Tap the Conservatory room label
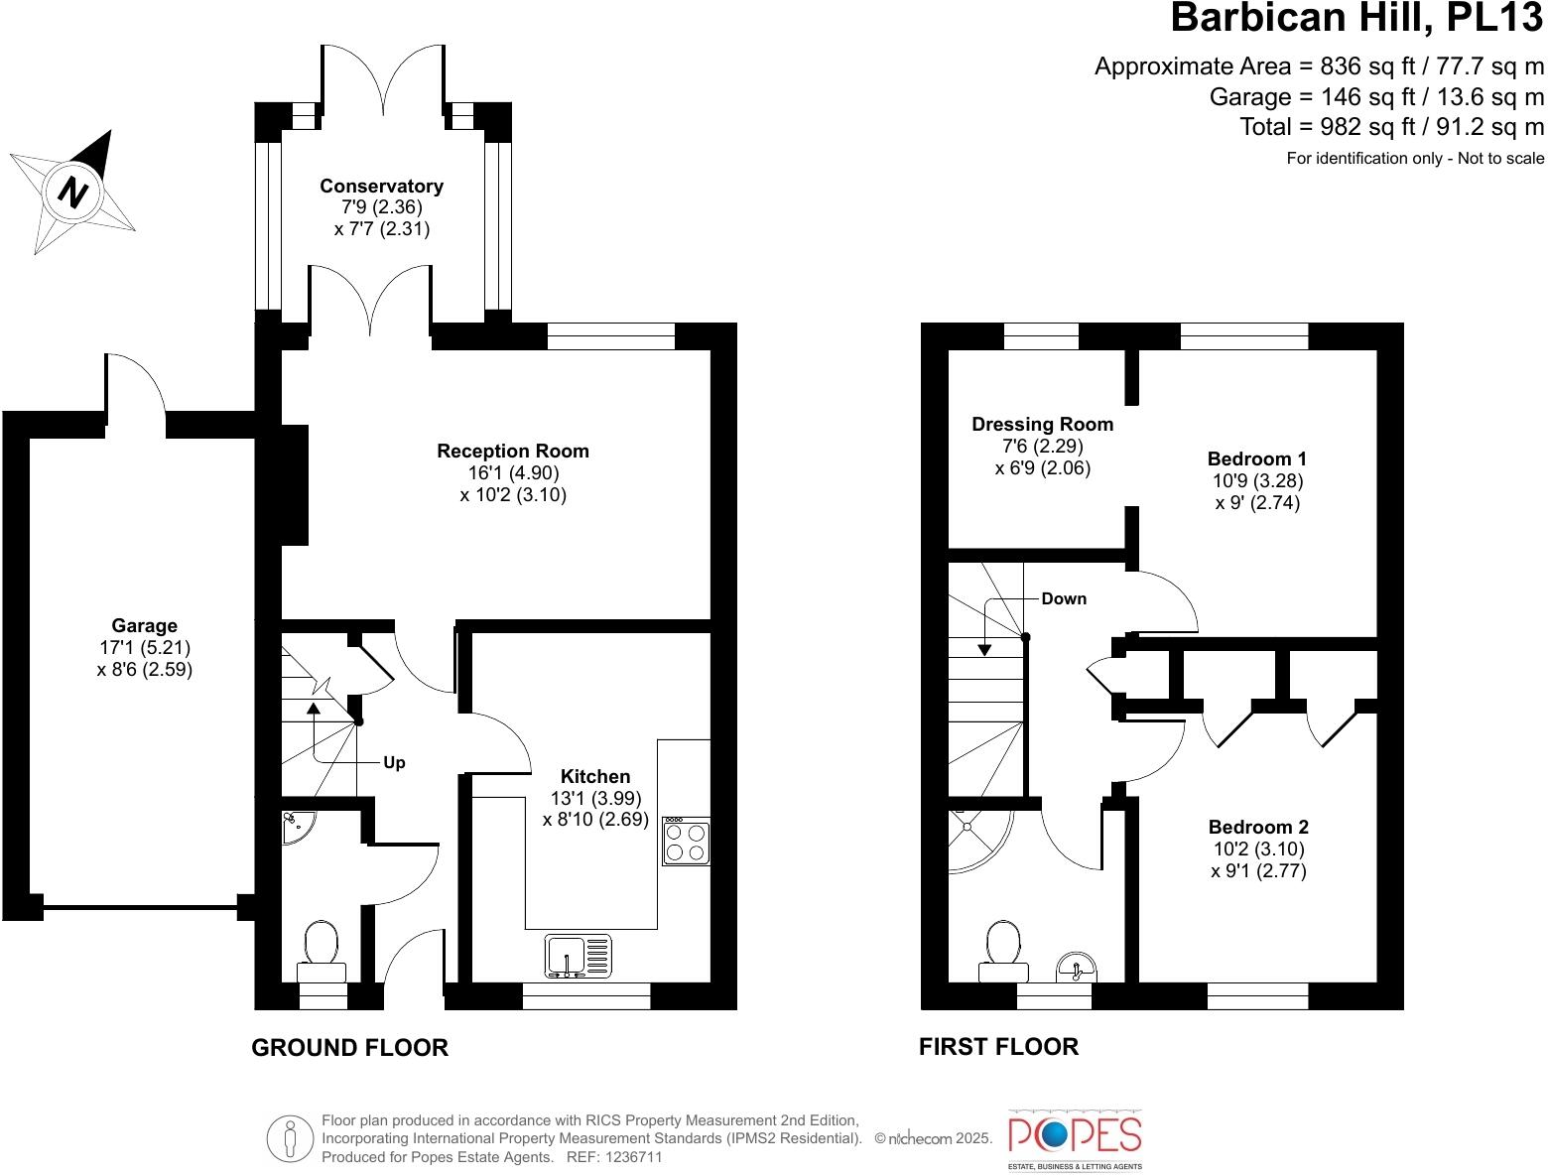click(x=381, y=187)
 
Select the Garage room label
click(x=145, y=626)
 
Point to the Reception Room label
click(x=513, y=452)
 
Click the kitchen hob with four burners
click(x=686, y=841)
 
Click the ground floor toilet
click(x=322, y=948)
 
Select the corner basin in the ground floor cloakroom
click(x=295, y=827)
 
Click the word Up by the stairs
click(x=394, y=763)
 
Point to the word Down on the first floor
click(x=1063, y=598)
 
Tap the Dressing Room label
click(x=1042, y=425)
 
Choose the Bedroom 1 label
click(x=1256, y=458)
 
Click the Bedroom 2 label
click(x=1257, y=827)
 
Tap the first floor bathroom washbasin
click(x=1076, y=967)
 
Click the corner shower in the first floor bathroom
click(x=975, y=837)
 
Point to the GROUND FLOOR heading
click(x=349, y=1047)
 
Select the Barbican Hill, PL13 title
click(x=1356, y=19)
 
